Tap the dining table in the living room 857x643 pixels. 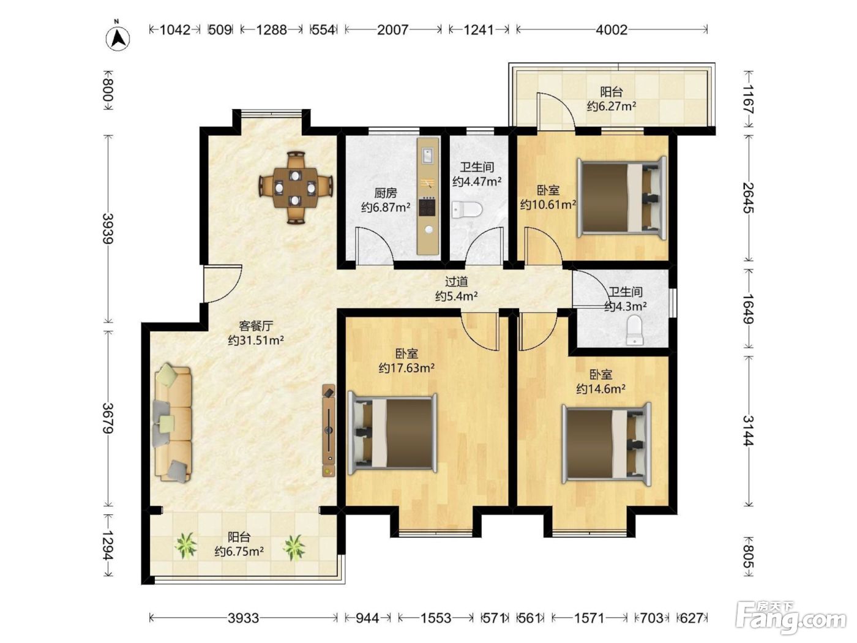coord(295,188)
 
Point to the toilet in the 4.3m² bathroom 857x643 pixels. coord(634,330)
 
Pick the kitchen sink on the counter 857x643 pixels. coord(427,156)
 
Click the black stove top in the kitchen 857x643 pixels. coord(427,206)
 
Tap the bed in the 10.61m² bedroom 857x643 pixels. coord(621,198)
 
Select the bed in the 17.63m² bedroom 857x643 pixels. coord(392,434)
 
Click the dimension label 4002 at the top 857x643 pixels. coord(612,29)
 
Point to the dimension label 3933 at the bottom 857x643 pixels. coord(243,618)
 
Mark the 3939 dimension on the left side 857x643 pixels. coord(108,229)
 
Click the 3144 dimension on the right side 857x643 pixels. coord(748,431)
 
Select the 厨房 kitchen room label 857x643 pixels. coord(386,193)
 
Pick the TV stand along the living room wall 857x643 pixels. coord(329,431)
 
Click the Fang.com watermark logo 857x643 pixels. coord(790,618)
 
